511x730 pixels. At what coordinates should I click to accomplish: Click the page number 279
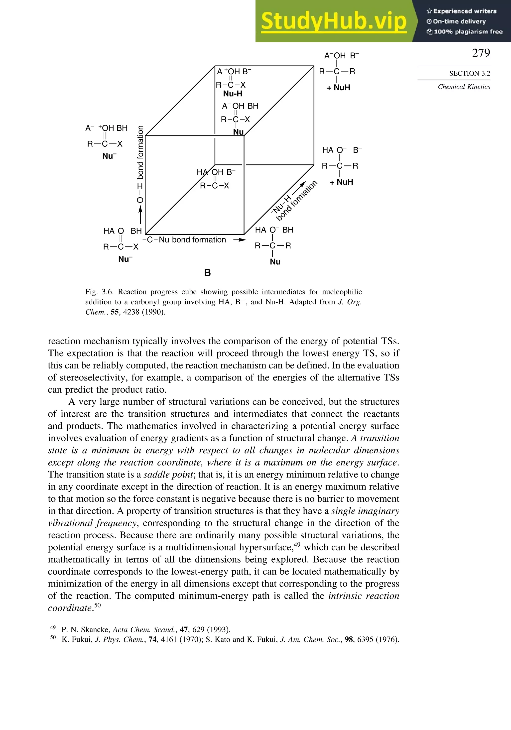pos(481,53)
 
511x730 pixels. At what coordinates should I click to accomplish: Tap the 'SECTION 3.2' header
pos(469,73)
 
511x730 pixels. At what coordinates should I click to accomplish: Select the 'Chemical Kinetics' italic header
pos(464,87)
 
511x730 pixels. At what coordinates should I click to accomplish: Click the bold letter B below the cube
pos(207,273)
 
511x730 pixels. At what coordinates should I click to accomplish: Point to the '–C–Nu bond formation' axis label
pos(184,240)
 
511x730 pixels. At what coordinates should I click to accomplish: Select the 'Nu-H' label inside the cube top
pos(233,94)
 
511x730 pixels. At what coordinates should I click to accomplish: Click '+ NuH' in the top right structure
pos(338,88)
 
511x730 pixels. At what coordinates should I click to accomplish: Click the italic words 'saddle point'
pos(168,475)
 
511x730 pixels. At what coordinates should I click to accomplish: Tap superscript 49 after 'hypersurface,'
pos(297,545)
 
